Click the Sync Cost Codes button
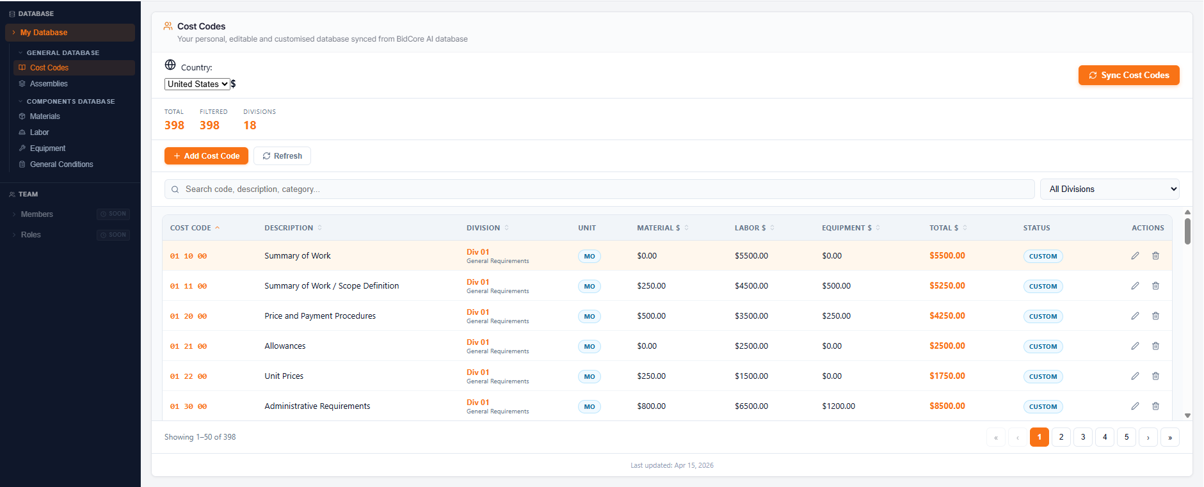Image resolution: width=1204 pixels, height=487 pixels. point(1128,75)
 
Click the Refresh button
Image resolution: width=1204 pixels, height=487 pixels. point(282,156)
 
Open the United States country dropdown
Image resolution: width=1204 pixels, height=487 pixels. point(197,84)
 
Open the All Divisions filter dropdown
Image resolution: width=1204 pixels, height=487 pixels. point(1109,189)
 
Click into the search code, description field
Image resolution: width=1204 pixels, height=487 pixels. point(602,189)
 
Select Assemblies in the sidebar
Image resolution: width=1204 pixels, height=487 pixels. point(49,84)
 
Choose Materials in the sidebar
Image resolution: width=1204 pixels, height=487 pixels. point(45,116)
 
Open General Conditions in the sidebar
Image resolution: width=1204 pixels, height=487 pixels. point(61,164)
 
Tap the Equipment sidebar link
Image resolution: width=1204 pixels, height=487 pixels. point(47,148)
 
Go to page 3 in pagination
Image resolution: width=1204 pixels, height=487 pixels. point(1083,437)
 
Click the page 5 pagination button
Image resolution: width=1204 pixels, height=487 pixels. point(1127,437)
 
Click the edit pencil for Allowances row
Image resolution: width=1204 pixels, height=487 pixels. point(1135,346)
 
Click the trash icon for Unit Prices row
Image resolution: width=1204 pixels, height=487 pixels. point(1155,376)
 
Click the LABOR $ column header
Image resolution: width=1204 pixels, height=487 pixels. point(750,228)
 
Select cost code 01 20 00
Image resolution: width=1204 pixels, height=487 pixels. point(188,316)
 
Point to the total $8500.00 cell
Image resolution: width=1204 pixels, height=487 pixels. point(947,406)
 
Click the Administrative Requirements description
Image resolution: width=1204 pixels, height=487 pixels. point(317,406)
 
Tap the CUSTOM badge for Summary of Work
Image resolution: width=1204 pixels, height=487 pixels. point(1043,256)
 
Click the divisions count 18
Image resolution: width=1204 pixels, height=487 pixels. point(250,125)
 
